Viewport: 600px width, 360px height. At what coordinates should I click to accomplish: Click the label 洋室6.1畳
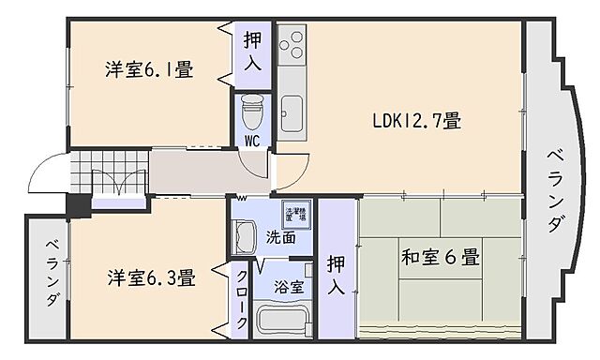tap(149, 69)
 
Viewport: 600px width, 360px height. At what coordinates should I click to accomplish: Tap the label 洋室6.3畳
tap(150, 277)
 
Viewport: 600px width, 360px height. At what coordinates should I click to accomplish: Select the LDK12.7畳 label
tap(415, 121)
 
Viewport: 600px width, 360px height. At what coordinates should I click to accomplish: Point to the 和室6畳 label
tap(441, 255)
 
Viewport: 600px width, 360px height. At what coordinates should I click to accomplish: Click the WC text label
tap(252, 141)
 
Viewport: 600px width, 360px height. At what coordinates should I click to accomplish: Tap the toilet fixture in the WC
tap(251, 112)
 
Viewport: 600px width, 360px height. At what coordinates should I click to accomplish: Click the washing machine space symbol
tap(295, 213)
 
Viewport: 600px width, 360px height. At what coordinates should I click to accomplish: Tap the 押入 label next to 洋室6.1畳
tap(253, 52)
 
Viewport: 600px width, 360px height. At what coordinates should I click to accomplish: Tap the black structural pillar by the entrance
tap(78, 206)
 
